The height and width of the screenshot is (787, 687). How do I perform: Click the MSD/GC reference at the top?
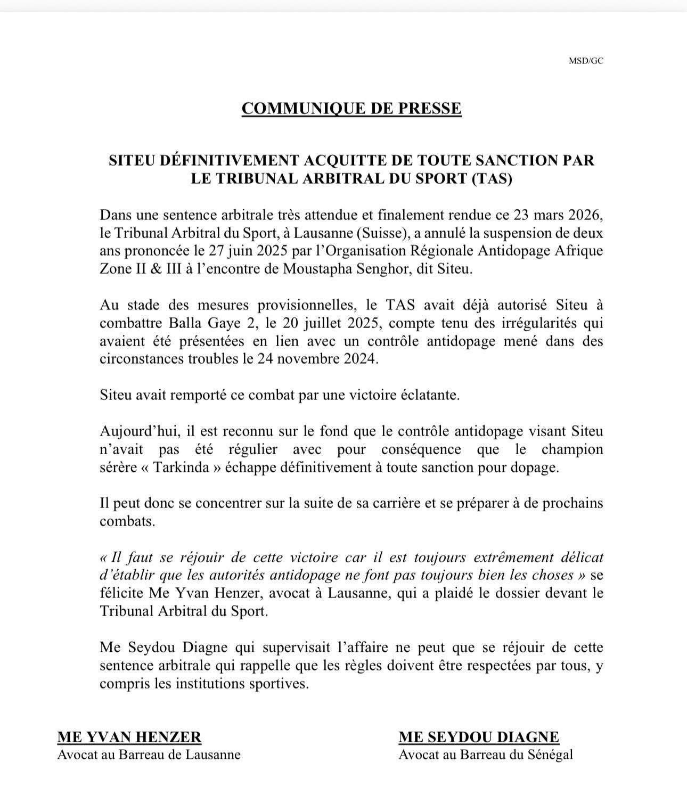click(586, 61)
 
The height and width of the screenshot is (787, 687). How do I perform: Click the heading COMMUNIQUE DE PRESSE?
click(351, 108)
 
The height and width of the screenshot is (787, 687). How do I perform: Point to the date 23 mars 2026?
click(559, 216)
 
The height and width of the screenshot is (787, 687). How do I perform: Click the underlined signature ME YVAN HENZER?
click(129, 737)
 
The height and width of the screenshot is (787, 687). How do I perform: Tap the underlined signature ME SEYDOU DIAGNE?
click(479, 737)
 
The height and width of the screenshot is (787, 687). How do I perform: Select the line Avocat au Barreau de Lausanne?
click(149, 755)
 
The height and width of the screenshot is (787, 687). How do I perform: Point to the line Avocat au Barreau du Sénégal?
click(486, 755)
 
